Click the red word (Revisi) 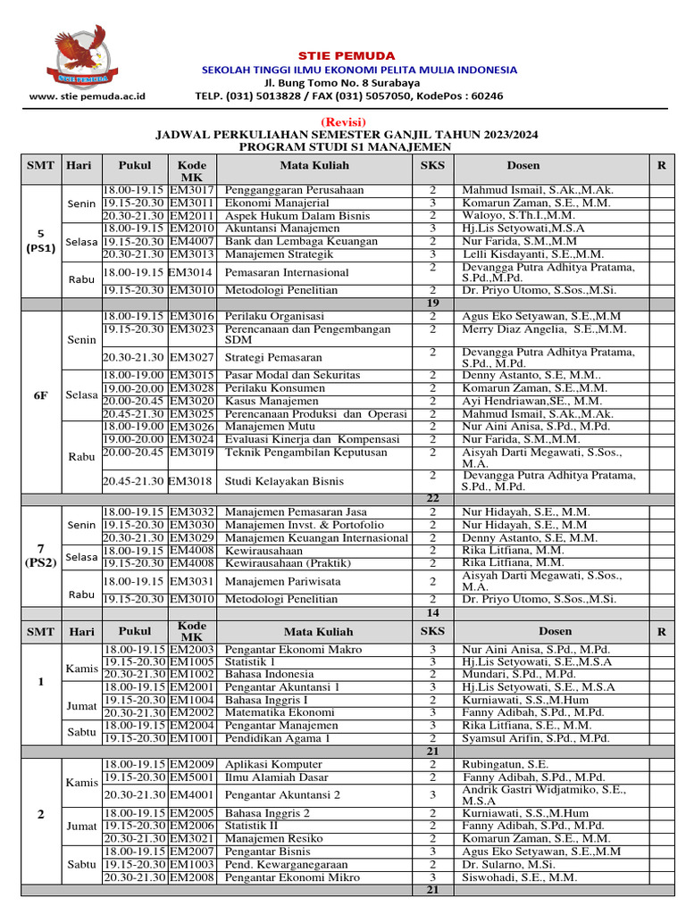342,121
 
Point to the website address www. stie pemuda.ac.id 87,96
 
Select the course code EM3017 191,190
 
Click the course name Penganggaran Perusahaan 281,190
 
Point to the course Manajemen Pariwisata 280,581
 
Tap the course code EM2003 191,649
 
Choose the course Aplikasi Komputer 273,765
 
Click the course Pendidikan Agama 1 277,738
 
